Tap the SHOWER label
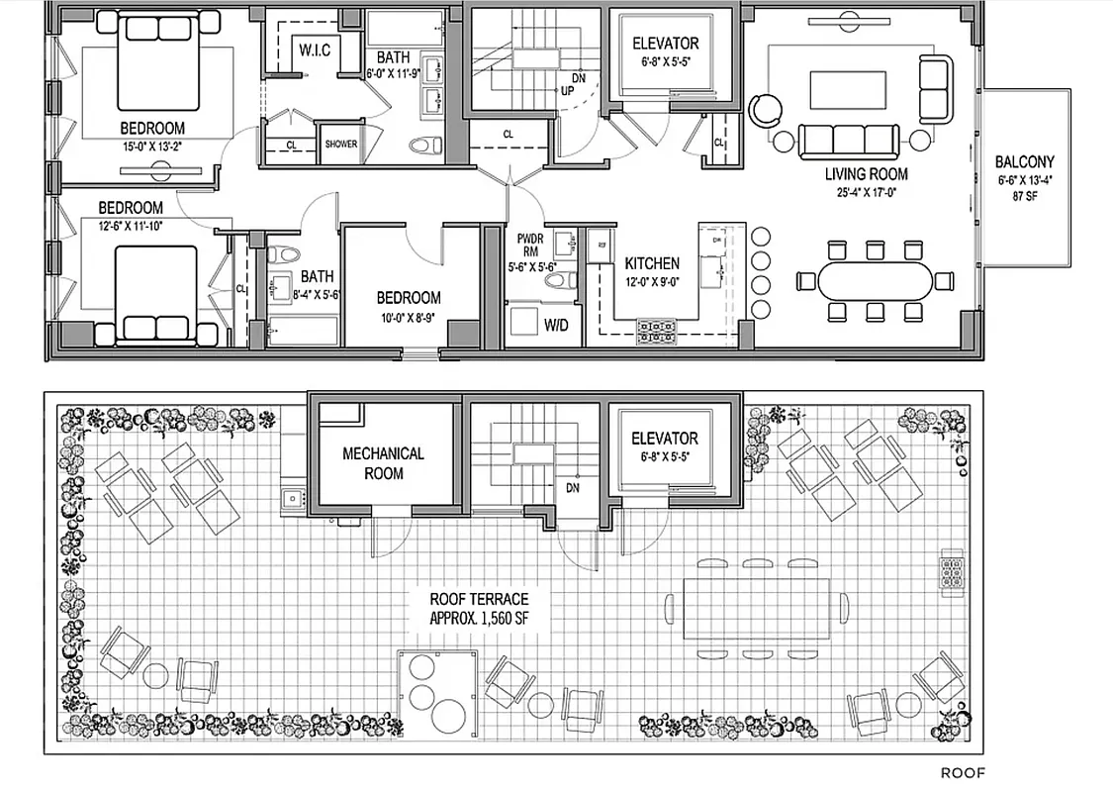click(341, 145)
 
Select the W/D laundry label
click(556, 325)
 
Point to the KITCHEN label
click(652, 263)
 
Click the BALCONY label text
click(1024, 161)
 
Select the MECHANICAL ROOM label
click(383, 463)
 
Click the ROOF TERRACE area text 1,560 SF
click(479, 618)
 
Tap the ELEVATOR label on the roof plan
click(665, 438)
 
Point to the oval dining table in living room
click(875, 281)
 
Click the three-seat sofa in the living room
click(848, 140)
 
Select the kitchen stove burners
click(656, 329)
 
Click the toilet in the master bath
click(426, 145)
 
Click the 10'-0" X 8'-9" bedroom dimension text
click(408, 319)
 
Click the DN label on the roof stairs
click(571, 488)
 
